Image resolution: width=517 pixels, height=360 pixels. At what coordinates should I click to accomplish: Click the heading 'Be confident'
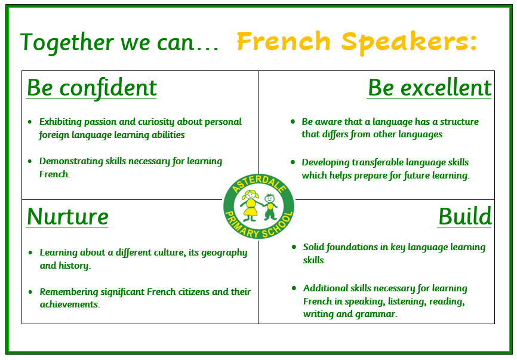[92, 88]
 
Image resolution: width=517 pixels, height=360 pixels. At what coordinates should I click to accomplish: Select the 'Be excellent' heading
[429, 88]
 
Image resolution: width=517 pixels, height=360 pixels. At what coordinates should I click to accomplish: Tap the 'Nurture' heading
[67, 217]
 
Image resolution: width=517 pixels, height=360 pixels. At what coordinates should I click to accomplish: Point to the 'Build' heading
[465, 217]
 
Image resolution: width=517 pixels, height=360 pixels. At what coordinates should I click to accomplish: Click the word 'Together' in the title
[67, 42]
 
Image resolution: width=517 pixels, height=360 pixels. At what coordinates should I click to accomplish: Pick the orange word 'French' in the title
[284, 42]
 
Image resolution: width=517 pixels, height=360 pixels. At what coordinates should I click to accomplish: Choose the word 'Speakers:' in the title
[409, 43]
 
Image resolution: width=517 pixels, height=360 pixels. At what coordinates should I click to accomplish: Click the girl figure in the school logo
[251, 205]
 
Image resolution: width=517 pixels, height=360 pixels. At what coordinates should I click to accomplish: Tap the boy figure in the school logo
[270, 207]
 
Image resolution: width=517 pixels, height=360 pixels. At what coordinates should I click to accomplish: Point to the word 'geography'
[224, 253]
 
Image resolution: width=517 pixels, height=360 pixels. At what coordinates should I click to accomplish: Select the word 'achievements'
[69, 304]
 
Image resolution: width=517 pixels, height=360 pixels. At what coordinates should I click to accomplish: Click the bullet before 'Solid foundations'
[294, 247]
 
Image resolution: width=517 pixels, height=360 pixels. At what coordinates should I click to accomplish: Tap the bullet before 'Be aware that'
[293, 122]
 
